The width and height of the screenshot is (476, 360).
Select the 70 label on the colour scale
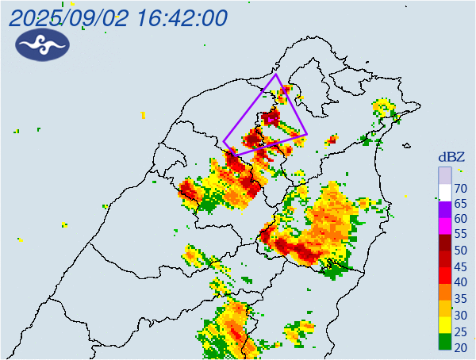point(459,188)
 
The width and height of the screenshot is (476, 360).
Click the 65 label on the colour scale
point(459,203)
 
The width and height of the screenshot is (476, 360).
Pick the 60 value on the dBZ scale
point(459,219)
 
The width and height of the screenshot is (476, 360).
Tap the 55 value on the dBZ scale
point(459,235)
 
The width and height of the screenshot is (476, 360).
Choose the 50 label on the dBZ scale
point(459,251)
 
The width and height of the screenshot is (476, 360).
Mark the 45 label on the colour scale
point(459,266)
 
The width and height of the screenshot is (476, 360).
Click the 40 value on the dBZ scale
point(459,282)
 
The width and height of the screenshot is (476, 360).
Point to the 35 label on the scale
point(459,298)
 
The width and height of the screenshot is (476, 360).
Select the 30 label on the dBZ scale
point(459,314)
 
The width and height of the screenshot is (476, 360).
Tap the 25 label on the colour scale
point(459,330)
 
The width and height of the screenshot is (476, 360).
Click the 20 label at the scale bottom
point(459,346)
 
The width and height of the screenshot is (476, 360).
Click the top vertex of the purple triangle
point(276,75)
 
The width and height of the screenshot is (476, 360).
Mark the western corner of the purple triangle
point(224,143)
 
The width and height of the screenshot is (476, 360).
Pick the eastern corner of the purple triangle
point(307,135)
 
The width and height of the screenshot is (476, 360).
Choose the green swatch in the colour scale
point(445,342)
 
